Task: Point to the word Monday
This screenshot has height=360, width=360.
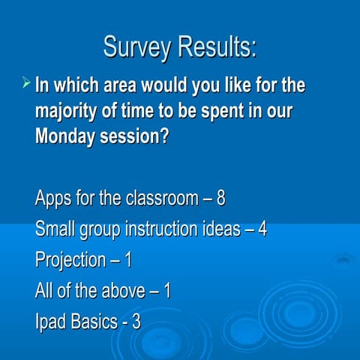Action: (66, 137)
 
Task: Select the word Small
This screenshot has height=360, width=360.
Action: (55, 229)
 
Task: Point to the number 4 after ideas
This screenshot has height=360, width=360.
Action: (262, 229)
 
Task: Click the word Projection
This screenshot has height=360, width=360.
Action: (70, 260)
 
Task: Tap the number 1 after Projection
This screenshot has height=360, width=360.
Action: (127, 260)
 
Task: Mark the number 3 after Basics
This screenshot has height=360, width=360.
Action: (136, 321)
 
